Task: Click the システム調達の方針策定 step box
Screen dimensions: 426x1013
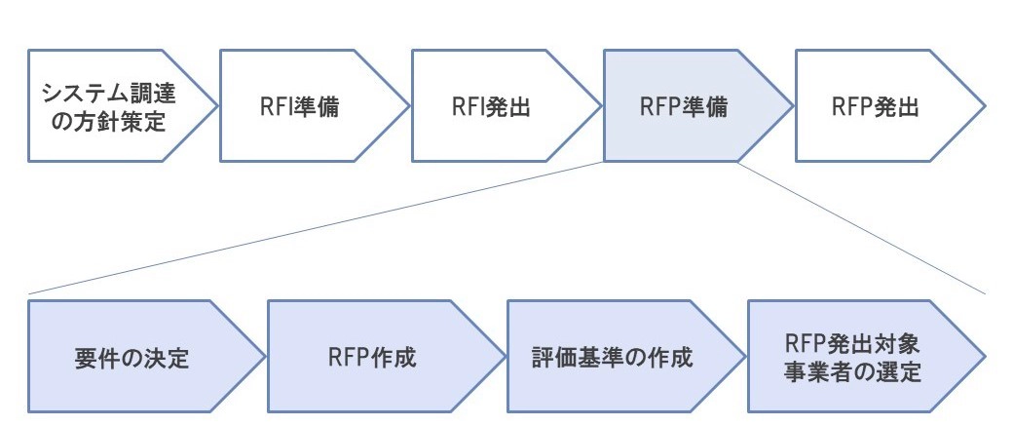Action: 112,106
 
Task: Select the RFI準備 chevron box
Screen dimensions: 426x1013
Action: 302,106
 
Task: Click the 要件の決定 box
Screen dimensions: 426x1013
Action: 131,357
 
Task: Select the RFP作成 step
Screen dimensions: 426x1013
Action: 371,357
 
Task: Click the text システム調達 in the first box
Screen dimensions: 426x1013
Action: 113,94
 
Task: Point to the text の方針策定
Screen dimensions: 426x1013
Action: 113,121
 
